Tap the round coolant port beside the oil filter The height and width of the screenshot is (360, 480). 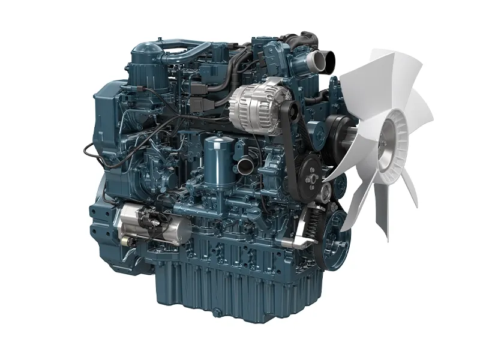coord(245,166)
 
